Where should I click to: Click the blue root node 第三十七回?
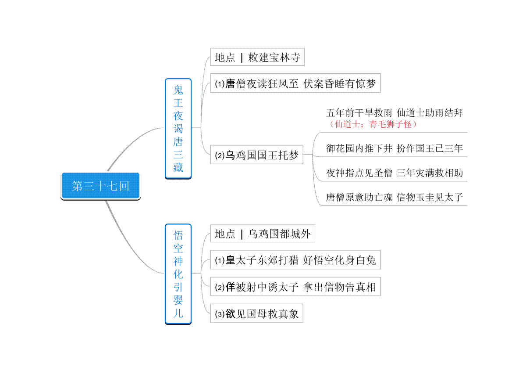100,186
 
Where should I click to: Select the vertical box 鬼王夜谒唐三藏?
178,129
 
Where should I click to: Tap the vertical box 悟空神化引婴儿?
178,274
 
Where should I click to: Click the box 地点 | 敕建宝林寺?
257,57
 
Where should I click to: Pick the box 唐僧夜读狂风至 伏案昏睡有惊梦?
295,83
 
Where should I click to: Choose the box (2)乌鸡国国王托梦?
257,155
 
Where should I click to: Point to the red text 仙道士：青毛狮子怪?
373,124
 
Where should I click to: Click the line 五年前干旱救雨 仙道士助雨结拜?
394,113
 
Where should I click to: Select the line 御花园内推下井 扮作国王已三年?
394,148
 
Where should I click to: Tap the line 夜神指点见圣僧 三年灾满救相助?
394,173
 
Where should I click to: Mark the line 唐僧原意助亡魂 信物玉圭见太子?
394,197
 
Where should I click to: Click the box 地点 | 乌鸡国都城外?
263,234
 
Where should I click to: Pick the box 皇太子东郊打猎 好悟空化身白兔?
295,260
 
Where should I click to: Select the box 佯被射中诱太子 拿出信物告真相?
295,287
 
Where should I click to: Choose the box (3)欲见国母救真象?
257,313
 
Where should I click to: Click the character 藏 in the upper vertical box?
178,168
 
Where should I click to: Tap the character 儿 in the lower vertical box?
178,313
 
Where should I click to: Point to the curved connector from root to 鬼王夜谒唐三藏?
131,144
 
